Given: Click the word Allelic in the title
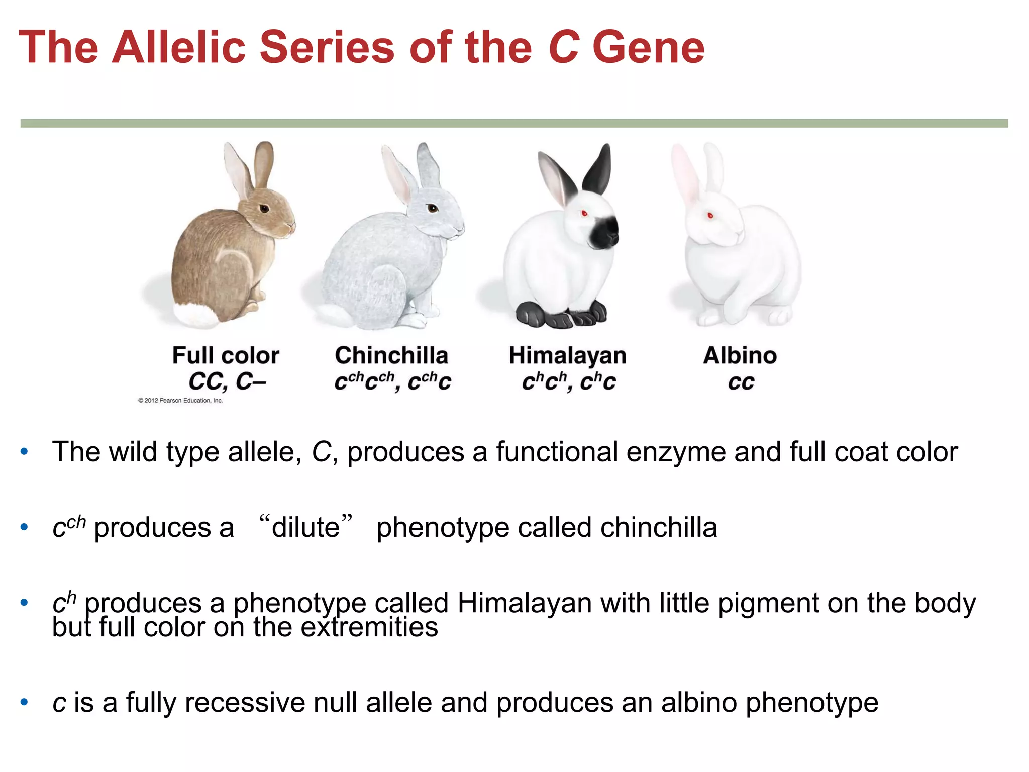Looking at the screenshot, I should (x=178, y=47).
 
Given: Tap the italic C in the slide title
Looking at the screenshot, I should (x=563, y=48).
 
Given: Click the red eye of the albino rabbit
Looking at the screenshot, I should (x=710, y=216).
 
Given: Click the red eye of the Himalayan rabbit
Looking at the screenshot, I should (x=584, y=214).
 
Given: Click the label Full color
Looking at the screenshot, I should (x=226, y=355).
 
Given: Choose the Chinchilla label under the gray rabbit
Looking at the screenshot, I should (x=391, y=355).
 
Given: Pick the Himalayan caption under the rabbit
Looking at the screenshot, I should (x=567, y=355).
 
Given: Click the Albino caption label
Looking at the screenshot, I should (x=740, y=355).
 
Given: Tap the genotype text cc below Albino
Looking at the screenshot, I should (x=741, y=382).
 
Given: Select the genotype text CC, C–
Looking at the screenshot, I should (x=227, y=381).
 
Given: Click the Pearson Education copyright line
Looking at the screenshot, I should (x=180, y=401).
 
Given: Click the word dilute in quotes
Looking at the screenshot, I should (x=305, y=527).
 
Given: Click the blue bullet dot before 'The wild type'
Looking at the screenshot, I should (x=24, y=451).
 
